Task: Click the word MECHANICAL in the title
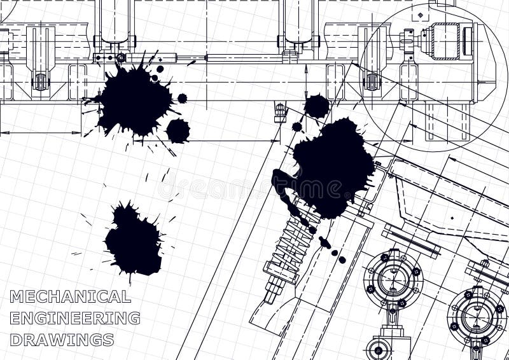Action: point(70,296)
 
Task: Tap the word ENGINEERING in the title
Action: point(75,318)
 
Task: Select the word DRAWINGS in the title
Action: point(62,340)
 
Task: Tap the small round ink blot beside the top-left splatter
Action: point(178,130)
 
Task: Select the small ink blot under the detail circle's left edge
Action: point(316,106)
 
